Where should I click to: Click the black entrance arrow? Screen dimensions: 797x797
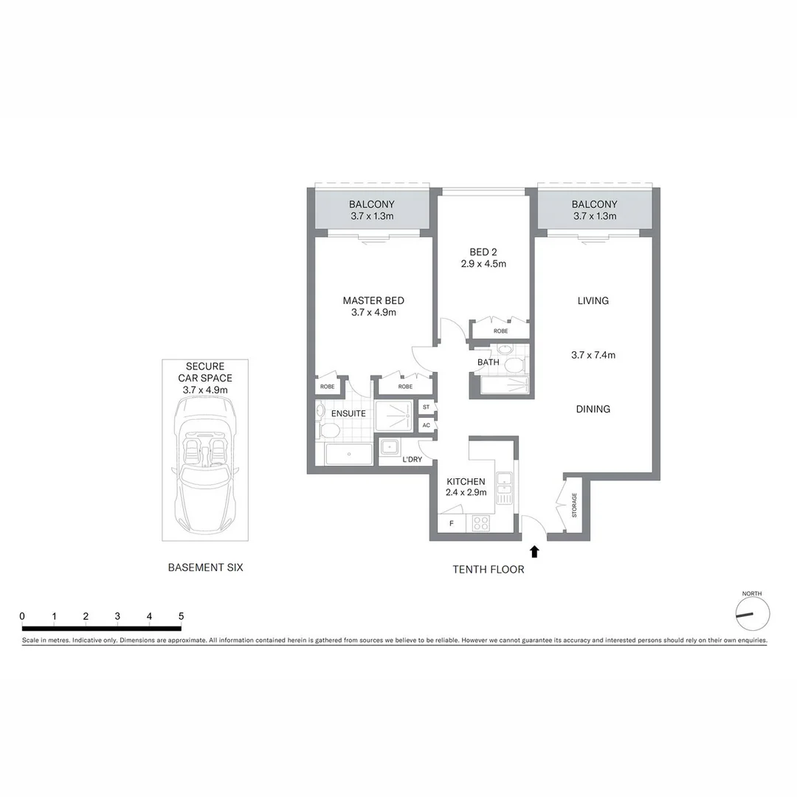tap(534, 551)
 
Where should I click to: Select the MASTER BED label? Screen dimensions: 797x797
tap(373, 300)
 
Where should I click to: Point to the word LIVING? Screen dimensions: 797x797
tap(593, 300)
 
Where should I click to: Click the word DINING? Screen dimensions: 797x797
tap(593, 409)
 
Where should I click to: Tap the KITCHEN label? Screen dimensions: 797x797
tap(466, 481)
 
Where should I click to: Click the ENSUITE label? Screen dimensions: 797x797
tap(348, 413)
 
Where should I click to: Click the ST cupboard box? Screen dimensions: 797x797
tap(427, 407)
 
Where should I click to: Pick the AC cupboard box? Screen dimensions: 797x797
tap(427, 425)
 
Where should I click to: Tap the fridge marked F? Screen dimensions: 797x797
tap(451, 524)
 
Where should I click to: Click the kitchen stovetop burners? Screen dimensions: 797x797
tap(481, 523)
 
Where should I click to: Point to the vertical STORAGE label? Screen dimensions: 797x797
tap(574, 506)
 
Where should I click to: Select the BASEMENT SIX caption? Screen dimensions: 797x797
tap(205, 567)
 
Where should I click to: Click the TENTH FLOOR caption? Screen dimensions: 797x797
tap(489, 569)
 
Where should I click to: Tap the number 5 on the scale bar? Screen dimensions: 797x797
tap(181, 615)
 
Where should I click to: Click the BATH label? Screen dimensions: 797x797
tap(488, 362)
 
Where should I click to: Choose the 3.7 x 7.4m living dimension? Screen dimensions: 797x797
tap(593, 354)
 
